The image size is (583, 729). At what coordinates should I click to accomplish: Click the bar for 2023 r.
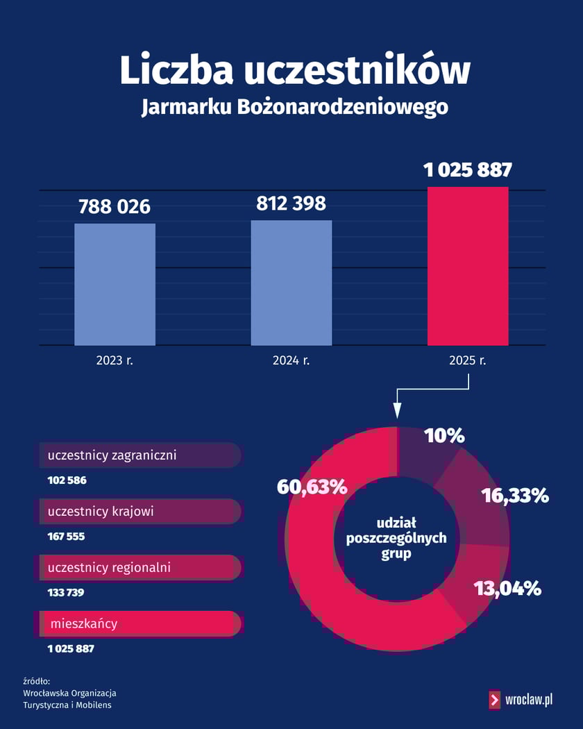pos(115,284)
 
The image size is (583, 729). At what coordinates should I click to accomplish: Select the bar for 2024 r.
pos(291,283)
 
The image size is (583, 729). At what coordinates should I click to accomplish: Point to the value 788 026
pos(115,207)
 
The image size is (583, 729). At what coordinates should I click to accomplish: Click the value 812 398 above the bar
pos(291,203)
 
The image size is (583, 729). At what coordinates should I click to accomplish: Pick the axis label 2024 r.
pos(291,361)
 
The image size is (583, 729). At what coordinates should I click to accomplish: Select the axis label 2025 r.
pos(468,361)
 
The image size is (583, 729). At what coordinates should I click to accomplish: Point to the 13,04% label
pos(507,589)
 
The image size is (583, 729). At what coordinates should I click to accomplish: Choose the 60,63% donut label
pos(312,487)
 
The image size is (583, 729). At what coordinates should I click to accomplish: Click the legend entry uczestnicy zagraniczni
pos(112,455)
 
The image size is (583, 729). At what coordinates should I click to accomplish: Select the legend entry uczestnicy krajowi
pos(101,512)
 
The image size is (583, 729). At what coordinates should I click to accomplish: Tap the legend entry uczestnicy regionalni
pos(110,568)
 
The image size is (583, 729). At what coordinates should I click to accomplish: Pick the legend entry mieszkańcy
pos(84,623)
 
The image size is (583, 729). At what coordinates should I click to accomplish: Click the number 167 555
pos(67,537)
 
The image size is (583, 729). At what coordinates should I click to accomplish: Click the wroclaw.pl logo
pos(521,700)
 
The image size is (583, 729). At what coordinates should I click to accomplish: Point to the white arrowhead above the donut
pos(397,412)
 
